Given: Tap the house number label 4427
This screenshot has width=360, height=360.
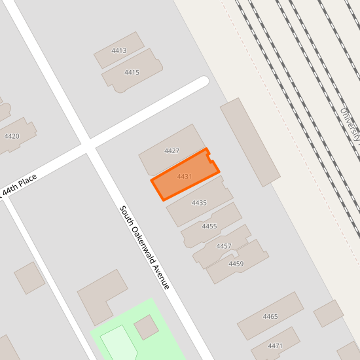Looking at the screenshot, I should pyautogui.click(x=171, y=151).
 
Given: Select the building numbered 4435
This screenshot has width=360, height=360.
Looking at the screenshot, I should pyautogui.click(x=199, y=203).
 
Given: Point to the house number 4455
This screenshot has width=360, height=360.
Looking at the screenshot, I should pyautogui.click(x=209, y=226).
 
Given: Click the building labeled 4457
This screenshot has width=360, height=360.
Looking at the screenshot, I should pyautogui.click(x=224, y=246).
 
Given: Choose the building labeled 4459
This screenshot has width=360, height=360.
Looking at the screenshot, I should pyautogui.click(x=236, y=264).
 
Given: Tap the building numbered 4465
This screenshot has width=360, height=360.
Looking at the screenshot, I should pyautogui.click(x=270, y=316).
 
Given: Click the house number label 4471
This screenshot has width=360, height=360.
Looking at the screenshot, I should pyautogui.click(x=275, y=346).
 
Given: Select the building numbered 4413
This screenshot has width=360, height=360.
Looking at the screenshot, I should pyautogui.click(x=119, y=50).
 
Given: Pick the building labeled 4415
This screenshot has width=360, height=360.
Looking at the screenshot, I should pyautogui.click(x=132, y=72).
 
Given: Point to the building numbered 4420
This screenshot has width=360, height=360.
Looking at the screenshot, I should pyautogui.click(x=12, y=136).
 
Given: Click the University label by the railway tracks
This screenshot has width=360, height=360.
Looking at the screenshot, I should pyautogui.click(x=351, y=124).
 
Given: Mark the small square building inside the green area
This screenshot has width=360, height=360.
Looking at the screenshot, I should pyautogui.click(x=146, y=327).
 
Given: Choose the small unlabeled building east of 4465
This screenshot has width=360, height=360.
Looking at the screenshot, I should pyautogui.click(x=329, y=313).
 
